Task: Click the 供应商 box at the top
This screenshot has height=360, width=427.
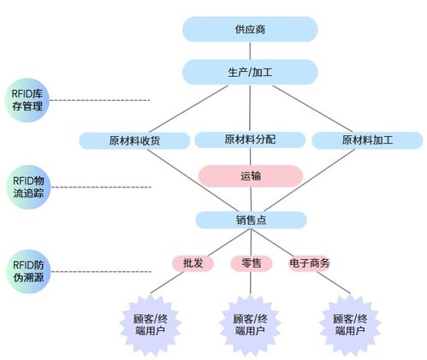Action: [x=250, y=29]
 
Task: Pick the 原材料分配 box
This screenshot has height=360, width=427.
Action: [x=250, y=139]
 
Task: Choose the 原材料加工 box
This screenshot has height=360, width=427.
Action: [x=367, y=140]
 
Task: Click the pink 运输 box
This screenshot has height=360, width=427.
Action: [x=250, y=176]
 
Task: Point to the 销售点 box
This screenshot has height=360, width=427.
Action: [x=251, y=220]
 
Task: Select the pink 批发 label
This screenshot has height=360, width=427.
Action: [x=193, y=263]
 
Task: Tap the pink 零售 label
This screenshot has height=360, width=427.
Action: [x=252, y=263]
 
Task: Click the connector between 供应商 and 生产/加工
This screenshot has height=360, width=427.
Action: [x=250, y=50]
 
